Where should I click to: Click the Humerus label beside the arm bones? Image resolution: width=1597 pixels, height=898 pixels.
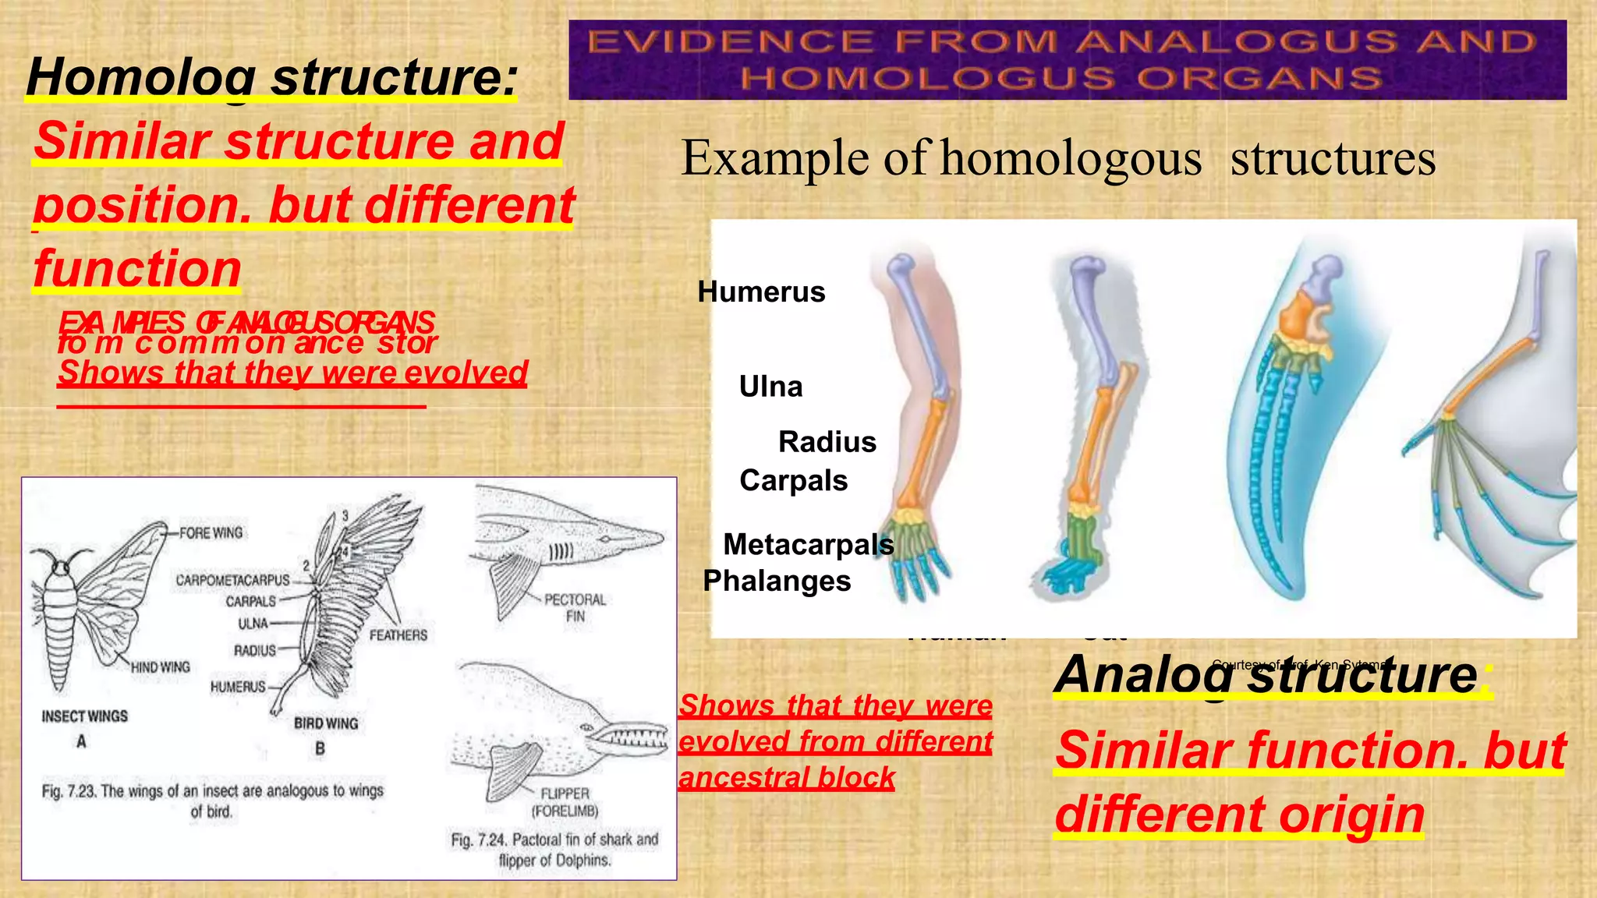coord(761,292)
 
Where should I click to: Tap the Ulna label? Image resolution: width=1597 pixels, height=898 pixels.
coord(770,387)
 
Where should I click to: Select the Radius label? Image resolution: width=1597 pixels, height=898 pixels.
coord(827,442)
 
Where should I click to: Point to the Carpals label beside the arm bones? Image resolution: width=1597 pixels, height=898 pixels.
coord(793,481)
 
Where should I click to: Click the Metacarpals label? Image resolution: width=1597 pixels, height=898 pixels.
coord(808,544)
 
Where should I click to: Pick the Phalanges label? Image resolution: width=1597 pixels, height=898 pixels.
coord(777,582)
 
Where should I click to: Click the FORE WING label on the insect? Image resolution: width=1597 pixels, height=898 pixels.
coord(211,533)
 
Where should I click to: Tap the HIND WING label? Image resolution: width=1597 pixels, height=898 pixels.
coord(160,667)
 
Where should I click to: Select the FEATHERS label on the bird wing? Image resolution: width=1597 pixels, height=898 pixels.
coord(398,635)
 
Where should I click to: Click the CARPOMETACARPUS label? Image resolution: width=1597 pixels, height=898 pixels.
coord(232,581)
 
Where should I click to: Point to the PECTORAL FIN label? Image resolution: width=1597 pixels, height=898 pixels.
coord(575,608)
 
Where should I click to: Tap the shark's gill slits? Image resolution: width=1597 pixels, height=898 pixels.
coord(561,553)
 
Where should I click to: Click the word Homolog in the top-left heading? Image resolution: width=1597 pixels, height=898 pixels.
coord(140,78)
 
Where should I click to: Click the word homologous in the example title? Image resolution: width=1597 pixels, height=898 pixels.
coord(1071,159)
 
